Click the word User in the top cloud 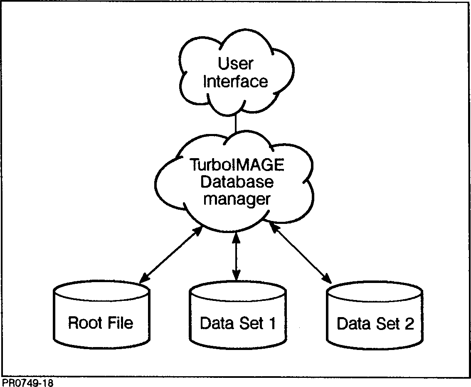[x=235, y=64]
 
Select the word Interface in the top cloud [x=235, y=81]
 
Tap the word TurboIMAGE [x=237, y=165]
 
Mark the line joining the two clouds [x=236, y=123]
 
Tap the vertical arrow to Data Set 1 [x=236, y=256]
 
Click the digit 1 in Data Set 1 [x=272, y=323]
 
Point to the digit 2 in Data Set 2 [x=409, y=324]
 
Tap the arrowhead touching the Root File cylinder [x=144, y=279]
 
